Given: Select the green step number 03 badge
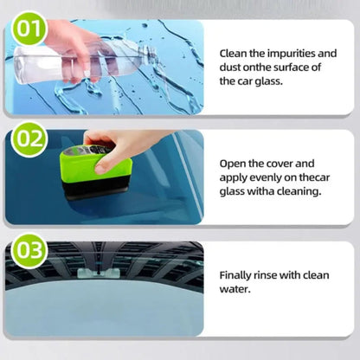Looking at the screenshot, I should click(x=29, y=251).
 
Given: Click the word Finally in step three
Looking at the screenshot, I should click(x=238, y=274).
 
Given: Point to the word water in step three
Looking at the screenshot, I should click(x=235, y=289).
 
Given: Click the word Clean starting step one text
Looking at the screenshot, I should click(x=236, y=53).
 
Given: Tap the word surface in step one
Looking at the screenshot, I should click(x=294, y=67).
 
